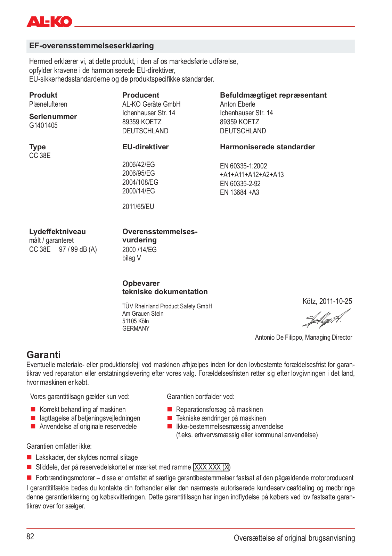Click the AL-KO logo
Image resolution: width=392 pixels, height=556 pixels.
tap(49, 22)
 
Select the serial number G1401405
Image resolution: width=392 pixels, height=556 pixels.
tap(43, 125)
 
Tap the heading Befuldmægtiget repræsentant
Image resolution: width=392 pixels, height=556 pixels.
tap(273, 95)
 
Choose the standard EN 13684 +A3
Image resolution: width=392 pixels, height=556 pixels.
tap(239, 192)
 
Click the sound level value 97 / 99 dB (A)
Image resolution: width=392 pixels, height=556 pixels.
tap(78, 249)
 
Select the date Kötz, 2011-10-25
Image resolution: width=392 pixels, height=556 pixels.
tap(327, 301)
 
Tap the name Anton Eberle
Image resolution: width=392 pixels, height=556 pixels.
tap(237, 104)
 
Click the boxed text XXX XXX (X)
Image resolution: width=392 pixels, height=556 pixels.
tap(212, 467)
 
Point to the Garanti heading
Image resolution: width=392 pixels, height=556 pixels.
tap(43, 355)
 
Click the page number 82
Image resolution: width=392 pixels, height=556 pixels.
tap(30, 537)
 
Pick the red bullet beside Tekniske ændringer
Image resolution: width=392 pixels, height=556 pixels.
tap(170, 418)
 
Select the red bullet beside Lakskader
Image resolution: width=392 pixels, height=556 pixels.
tap(30, 457)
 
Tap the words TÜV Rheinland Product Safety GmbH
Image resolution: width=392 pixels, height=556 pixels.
tap(167, 306)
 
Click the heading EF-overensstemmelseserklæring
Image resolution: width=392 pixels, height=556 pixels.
tap(91, 46)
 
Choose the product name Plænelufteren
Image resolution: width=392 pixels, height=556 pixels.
tap(48, 104)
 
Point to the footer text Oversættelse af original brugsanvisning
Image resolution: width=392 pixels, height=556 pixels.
tap(294, 538)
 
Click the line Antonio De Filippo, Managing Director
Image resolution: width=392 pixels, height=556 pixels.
tap(303, 337)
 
